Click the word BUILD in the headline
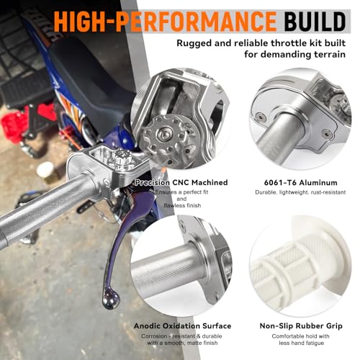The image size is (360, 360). (315, 21)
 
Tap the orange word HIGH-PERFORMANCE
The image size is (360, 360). (165, 21)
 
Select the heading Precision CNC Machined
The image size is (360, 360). (181, 183)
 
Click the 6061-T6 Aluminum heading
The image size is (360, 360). (300, 183)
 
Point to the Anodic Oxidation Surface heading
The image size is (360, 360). (182, 326)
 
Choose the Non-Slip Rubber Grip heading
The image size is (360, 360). (301, 326)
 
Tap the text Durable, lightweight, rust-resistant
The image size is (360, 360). (300, 192)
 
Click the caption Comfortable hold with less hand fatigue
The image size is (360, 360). (301, 340)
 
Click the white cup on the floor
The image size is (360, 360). (45, 169)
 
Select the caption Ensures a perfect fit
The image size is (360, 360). (181, 192)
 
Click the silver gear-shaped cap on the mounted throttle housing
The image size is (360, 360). (122, 157)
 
